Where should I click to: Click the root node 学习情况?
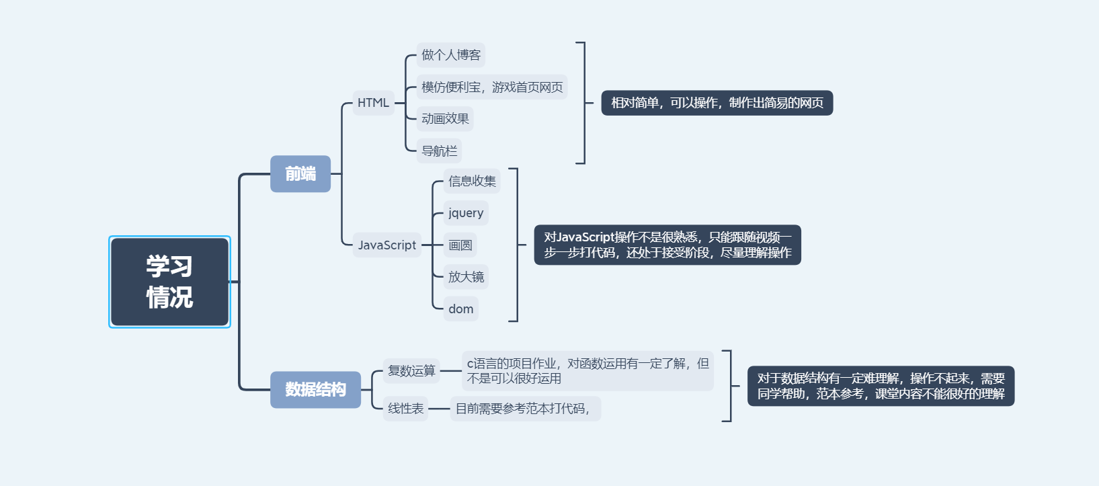(169, 282)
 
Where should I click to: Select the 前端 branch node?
(300, 174)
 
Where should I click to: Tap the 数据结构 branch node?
(315, 389)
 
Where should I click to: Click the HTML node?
(373, 103)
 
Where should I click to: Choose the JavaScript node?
(386, 245)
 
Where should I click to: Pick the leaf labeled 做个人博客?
(451, 55)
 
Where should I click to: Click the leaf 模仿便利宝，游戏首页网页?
(492, 87)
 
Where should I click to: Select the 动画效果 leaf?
(445, 119)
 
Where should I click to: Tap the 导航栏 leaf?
(439, 151)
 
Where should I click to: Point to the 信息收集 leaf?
(472, 181)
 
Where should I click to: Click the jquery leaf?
(466, 213)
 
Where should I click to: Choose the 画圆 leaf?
(460, 245)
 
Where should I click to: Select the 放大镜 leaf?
(466, 277)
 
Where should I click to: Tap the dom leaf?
(461, 309)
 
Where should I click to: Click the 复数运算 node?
(411, 371)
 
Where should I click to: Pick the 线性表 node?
(406, 409)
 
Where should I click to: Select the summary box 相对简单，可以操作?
(717, 103)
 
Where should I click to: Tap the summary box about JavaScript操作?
(667, 245)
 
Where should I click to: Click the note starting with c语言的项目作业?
(587, 371)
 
